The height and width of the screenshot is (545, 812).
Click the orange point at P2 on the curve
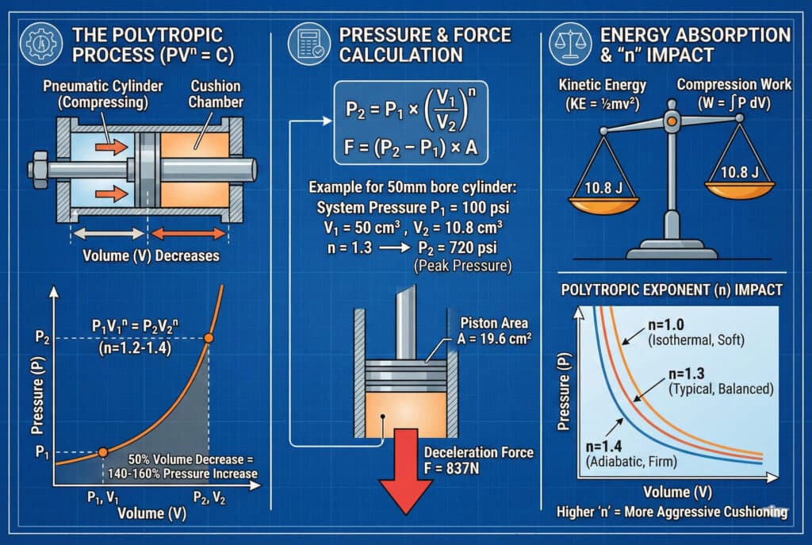click(x=208, y=338)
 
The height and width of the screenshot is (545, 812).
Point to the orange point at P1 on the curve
click(x=102, y=452)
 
